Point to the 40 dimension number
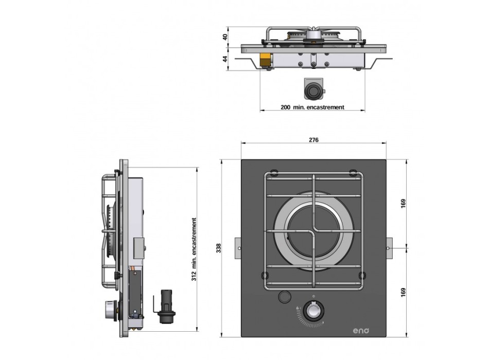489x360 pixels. [224, 38]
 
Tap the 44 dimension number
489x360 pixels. [224, 59]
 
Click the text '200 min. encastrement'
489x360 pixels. [312, 107]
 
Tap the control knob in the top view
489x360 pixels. [312, 312]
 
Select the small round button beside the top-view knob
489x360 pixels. [283, 297]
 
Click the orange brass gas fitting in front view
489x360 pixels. [266, 60]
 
